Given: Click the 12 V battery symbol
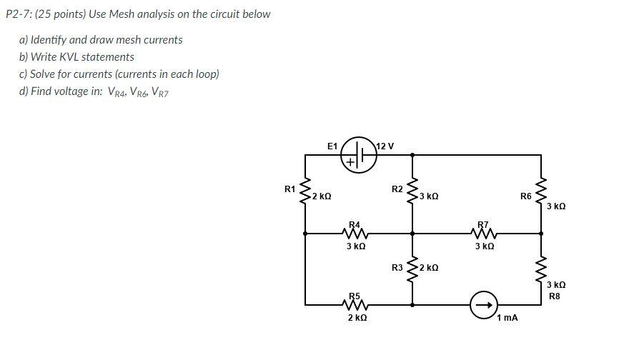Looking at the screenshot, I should coord(361,154).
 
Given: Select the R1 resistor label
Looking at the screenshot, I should coord(289,189).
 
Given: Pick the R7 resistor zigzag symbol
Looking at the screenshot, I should coord(484,232).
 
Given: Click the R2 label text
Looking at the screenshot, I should coord(397,189).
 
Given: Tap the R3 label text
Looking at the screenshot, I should coord(397,268).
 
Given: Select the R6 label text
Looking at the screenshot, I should coord(526,195).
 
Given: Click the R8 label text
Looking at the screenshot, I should coord(555,296).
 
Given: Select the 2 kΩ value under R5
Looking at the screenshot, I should coord(357,317).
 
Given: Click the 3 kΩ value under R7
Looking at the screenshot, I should coord(484,246).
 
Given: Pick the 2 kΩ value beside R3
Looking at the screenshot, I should coord(429,268).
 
